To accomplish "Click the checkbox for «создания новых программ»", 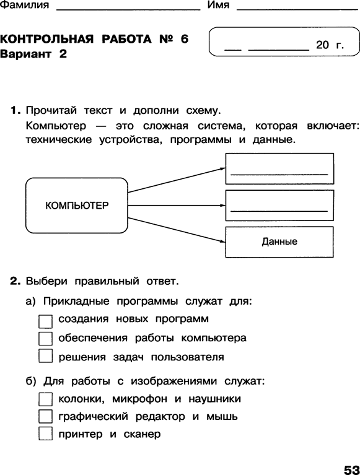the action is [x=45, y=321].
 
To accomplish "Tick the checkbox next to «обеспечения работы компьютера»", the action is [x=45, y=339].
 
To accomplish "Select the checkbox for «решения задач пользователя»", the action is [x=45, y=356].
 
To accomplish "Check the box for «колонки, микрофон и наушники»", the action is [x=45, y=399].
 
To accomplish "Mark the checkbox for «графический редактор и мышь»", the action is [x=45, y=416].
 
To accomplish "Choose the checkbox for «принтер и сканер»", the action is [x=45, y=434].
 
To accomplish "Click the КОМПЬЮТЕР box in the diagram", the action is [x=77, y=206].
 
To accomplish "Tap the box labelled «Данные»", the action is [x=279, y=242].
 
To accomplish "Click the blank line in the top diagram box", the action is [x=279, y=175].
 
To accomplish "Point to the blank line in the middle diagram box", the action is [x=279, y=211].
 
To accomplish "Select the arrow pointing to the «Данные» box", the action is [x=177, y=230].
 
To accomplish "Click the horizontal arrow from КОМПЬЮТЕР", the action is [x=177, y=206].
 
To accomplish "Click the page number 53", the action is [x=351, y=469].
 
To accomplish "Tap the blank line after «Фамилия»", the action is [x=128, y=10].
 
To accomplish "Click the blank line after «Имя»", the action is [x=297, y=10].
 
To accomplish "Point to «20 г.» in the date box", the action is [x=330, y=45].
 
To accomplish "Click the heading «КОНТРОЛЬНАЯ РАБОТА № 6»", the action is [x=94, y=39].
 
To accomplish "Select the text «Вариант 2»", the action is [x=33, y=54].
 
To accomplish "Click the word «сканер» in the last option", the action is [x=142, y=434].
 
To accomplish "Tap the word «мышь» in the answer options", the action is [x=222, y=417].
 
